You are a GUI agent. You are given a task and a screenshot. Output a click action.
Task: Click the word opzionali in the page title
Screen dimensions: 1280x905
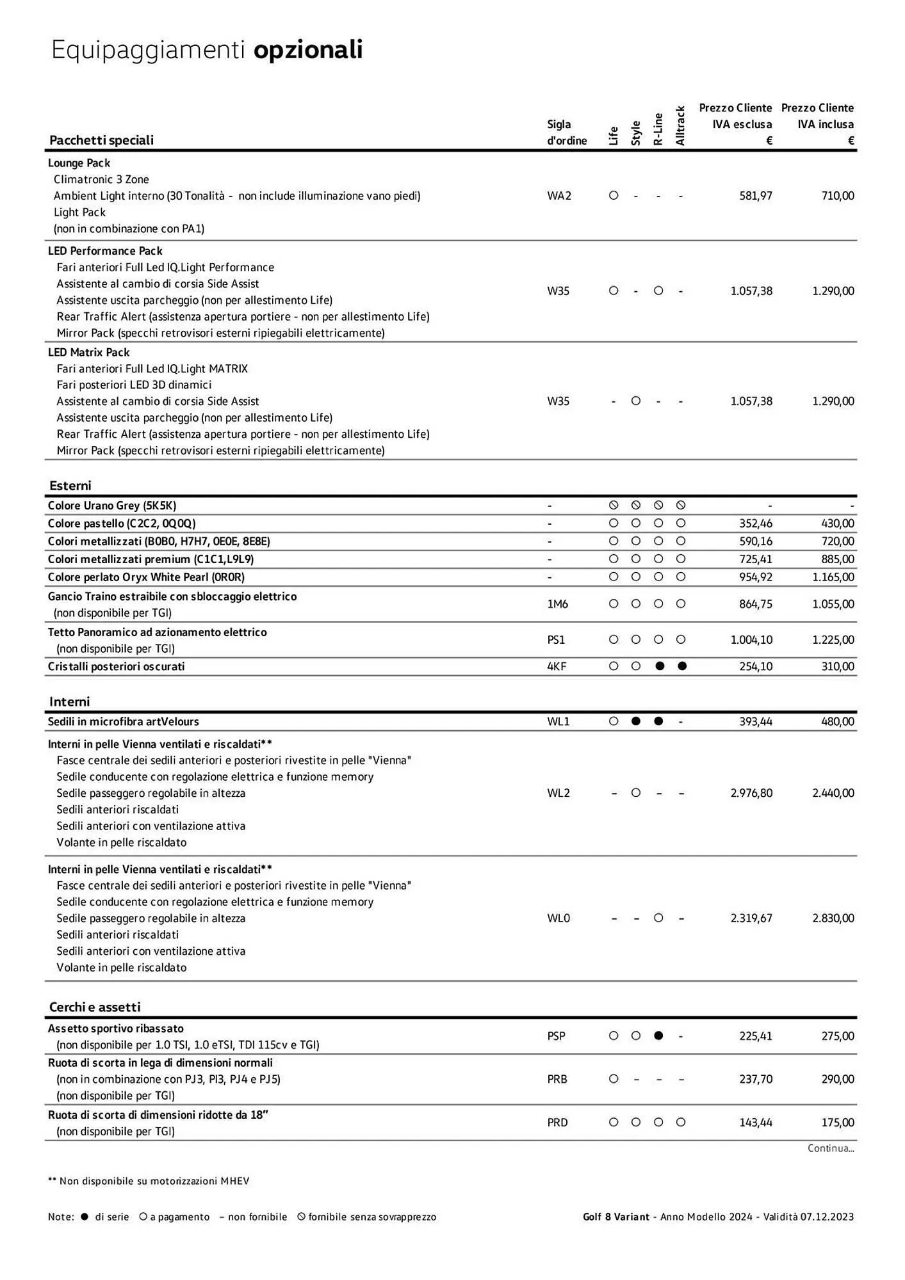click(308, 50)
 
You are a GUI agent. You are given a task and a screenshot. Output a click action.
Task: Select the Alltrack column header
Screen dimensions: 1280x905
click(680, 126)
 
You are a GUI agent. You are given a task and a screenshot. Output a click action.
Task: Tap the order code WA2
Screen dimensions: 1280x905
click(559, 196)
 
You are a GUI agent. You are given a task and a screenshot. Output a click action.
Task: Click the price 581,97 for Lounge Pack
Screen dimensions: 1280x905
click(756, 196)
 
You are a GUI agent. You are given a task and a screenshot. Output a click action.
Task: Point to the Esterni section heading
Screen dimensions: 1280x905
click(70, 485)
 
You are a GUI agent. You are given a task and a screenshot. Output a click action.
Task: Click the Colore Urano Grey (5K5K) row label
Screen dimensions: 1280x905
click(112, 506)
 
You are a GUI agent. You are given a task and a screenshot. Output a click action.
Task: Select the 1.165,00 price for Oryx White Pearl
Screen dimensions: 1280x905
click(833, 577)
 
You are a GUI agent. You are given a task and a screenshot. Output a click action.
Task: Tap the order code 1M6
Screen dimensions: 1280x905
click(557, 604)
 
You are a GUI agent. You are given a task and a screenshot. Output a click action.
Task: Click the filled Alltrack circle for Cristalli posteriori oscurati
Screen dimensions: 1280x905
click(682, 666)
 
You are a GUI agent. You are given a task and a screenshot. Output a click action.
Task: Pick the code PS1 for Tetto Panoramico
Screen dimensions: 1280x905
click(556, 640)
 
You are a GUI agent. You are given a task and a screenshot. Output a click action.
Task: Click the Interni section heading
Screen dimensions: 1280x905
click(70, 701)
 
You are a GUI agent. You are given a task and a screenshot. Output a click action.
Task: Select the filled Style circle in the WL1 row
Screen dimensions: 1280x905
click(636, 721)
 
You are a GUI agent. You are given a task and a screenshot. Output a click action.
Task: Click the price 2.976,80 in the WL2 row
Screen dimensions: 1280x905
click(751, 793)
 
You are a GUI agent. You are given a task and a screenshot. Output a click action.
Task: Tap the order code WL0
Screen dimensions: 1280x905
click(558, 918)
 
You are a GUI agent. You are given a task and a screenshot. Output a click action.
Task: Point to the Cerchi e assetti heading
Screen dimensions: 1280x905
click(95, 1007)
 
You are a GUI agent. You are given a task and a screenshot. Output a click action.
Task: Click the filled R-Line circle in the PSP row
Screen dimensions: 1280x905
click(658, 1036)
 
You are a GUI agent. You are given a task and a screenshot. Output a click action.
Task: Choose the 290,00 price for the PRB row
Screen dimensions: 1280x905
click(838, 1079)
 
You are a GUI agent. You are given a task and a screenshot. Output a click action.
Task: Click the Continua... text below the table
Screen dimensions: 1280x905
click(831, 1148)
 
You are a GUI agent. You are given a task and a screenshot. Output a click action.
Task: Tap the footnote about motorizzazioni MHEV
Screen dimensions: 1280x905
click(149, 1181)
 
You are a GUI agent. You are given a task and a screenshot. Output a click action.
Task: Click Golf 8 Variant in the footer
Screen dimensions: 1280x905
click(616, 1217)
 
